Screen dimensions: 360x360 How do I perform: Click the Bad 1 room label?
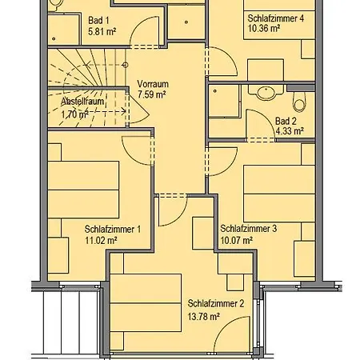coord(98,20)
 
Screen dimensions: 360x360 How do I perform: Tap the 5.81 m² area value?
coord(102,32)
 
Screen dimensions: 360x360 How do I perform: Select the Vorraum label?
coord(153,84)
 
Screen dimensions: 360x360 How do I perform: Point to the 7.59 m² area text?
coord(152,94)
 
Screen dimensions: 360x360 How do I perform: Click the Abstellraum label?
coord(82,102)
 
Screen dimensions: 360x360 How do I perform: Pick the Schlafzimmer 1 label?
coord(113,229)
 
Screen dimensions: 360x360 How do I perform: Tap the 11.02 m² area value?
coord(101,240)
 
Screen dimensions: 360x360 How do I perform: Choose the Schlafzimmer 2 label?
coord(216,303)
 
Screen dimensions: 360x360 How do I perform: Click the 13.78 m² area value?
coord(204,317)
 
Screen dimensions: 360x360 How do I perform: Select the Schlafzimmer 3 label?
coord(249,229)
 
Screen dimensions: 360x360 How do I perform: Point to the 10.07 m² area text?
coord(237,240)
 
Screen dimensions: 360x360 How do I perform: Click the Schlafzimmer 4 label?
coord(276,18)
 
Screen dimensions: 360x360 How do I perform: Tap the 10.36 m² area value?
coord(264,28)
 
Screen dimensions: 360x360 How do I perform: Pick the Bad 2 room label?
coord(286,121)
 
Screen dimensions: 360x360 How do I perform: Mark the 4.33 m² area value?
coord(290,131)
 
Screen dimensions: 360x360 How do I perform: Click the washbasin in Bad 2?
coord(266,93)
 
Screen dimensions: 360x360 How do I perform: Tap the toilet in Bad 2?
coord(299,102)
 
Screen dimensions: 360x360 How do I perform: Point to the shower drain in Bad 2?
coord(215,91)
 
